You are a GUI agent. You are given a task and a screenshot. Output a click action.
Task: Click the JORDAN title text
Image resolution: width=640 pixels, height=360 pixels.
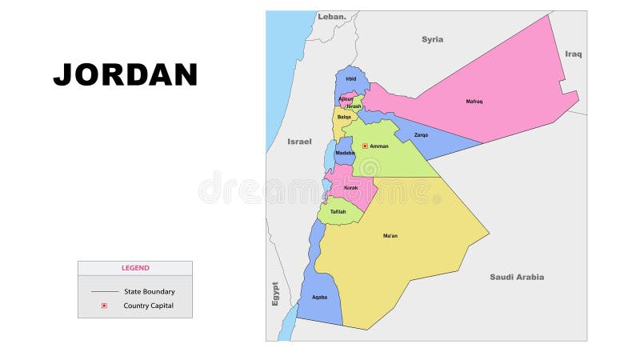(126, 74)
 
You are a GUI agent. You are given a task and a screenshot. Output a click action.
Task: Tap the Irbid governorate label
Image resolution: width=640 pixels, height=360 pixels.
(350, 78)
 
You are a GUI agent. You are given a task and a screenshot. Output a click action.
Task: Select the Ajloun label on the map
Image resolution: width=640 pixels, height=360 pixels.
(345, 98)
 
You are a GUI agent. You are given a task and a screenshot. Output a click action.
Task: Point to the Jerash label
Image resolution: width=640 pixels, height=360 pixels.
(354, 106)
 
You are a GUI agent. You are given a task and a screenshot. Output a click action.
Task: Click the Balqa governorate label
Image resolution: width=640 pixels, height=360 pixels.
(344, 117)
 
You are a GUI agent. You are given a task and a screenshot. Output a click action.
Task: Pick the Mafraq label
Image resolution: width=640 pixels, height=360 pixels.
(474, 101)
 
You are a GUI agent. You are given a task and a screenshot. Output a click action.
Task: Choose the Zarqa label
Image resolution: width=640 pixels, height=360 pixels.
(421, 134)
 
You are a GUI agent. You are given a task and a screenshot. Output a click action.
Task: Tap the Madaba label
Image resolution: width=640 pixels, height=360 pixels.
(345, 153)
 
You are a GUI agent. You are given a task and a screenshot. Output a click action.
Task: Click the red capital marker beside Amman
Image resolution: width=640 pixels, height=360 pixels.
(365, 146)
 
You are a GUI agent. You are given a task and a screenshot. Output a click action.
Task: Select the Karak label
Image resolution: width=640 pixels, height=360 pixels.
(350, 188)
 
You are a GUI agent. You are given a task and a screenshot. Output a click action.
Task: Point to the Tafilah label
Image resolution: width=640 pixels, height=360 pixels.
(338, 211)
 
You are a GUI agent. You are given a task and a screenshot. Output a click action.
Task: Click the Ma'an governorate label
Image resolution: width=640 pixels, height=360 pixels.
(390, 236)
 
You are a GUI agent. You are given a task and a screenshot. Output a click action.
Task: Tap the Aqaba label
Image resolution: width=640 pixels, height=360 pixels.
(319, 298)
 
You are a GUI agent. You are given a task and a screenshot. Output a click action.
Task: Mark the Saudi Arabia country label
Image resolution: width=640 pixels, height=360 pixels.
(517, 277)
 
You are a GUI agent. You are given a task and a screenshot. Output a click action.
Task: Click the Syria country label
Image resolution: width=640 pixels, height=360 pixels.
(433, 39)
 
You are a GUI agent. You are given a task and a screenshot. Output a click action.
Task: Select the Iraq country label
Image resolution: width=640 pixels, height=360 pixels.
(574, 54)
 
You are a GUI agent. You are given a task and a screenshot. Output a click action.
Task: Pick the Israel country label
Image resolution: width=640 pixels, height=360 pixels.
(299, 142)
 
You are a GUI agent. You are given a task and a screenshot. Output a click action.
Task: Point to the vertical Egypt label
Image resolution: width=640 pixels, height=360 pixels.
(274, 294)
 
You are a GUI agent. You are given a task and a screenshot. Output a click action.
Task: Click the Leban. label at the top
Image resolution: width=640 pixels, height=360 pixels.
(332, 16)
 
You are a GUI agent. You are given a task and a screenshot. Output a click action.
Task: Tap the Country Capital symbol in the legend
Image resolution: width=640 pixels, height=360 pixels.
(104, 306)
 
